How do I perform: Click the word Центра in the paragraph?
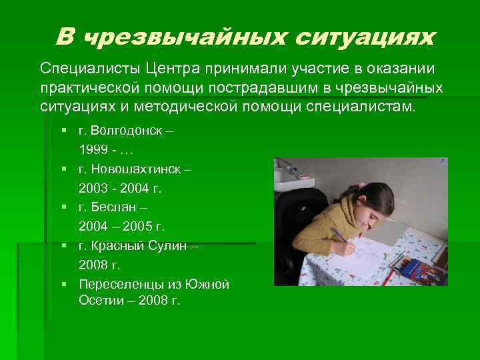169,69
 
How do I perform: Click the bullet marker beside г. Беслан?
63,208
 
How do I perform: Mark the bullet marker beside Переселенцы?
63,285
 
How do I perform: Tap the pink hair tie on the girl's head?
361,185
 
